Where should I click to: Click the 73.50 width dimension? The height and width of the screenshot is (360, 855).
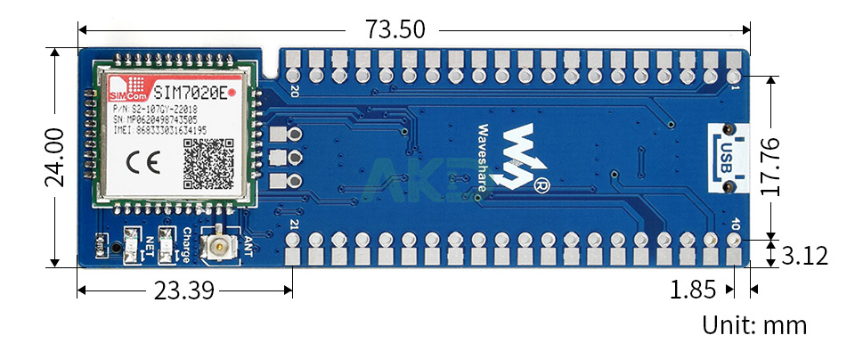tap(395, 29)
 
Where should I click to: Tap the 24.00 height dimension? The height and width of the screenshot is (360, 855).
tap(54, 156)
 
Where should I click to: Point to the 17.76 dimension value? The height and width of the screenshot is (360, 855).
tap(772, 167)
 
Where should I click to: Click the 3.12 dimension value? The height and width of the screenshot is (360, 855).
tap(804, 257)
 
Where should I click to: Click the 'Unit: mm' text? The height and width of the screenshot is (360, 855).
tap(754, 325)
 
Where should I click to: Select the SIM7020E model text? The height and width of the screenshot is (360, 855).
tap(188, 91)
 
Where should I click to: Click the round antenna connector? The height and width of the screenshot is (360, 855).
tap(216, 249)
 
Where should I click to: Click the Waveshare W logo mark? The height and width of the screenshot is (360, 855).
tap(521, 153)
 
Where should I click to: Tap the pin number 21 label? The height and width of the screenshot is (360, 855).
tap(294, 224)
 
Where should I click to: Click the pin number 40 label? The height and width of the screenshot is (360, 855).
tap(733, 224)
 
